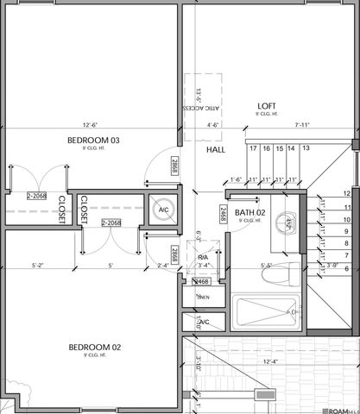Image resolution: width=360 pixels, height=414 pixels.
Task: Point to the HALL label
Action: (216, 150)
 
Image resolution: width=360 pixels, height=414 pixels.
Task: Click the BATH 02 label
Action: (249, 212)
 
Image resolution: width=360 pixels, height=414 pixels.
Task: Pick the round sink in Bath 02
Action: (289, 222)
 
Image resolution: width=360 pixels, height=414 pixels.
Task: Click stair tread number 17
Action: (254, 149)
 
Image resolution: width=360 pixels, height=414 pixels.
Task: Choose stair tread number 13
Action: (305, 149)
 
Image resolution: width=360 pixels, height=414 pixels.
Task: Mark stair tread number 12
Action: (346, 194)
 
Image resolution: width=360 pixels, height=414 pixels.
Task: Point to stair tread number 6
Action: (346, 268)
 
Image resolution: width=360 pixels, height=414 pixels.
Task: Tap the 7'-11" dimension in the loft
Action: (302, 125)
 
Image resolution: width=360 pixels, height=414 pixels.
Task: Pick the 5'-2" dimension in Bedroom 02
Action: (39, 266)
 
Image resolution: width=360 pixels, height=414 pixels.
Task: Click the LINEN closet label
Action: (203, 298)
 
